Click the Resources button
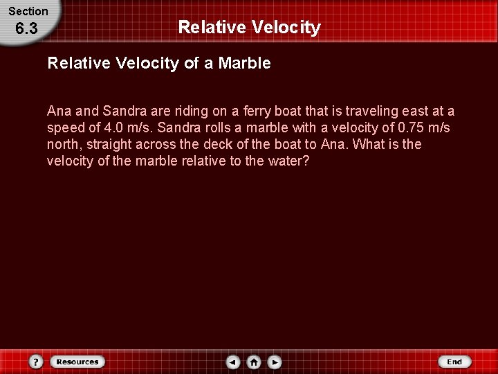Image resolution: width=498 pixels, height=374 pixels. (x=77, y=362)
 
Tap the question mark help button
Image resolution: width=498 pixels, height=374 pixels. (x=37, y=362)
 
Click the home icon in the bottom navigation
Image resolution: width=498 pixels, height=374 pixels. (x=254, y=362)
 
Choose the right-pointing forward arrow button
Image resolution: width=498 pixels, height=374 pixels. (x=275, y=362)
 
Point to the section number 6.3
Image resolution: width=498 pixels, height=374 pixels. (x=26, y=29)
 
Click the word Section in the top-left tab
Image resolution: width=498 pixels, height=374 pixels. (x=28, y=11)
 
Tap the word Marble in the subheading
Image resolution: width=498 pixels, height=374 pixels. (x=244, y=64)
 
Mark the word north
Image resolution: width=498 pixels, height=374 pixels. (x=63, y=145)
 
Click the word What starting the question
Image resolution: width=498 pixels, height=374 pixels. (x=369, y=145)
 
